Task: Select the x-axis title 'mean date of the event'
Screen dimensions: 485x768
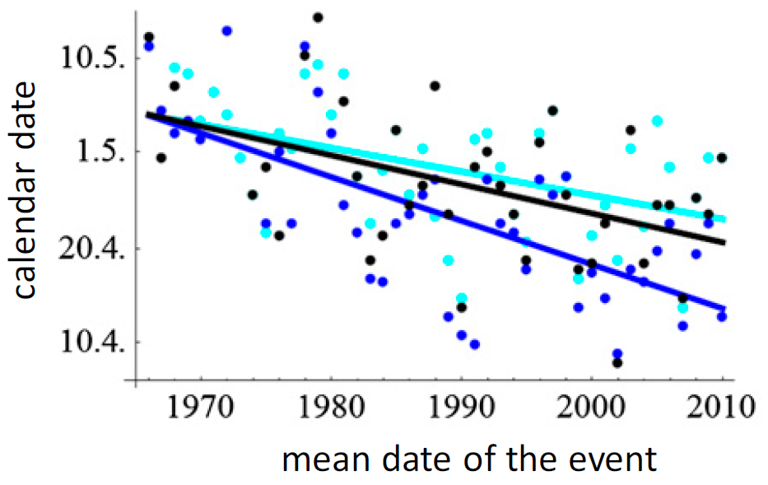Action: coord(469,458)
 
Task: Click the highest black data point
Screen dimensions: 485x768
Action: coord(318,17)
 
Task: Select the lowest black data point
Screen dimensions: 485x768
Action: coord(617,362)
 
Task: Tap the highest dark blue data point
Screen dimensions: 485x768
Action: coord(227,31)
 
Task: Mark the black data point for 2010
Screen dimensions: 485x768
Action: coord(722,157)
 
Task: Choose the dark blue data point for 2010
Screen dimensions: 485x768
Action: coord(722,316)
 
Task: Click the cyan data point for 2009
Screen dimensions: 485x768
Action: coord(709,157)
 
